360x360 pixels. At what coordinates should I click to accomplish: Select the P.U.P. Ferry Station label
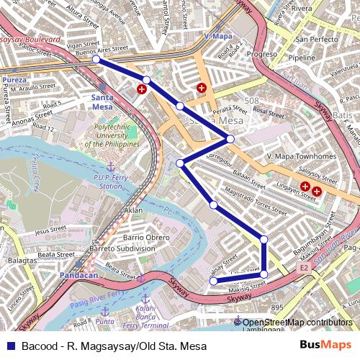109,181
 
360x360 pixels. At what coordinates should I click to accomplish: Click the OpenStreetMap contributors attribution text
297,323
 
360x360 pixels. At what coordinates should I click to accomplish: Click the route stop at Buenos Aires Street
96,60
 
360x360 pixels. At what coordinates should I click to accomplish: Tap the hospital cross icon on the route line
142,90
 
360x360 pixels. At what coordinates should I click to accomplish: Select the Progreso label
261,54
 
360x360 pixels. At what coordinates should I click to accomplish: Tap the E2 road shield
302,269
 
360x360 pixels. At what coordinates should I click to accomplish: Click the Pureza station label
14,79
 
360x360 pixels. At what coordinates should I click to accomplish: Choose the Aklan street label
134,210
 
